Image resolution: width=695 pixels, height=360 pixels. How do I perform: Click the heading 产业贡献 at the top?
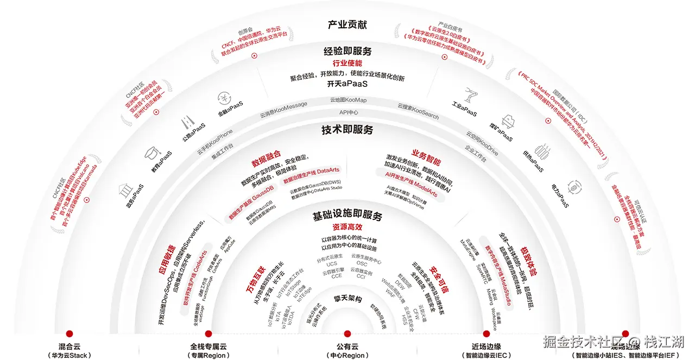coord(347,25)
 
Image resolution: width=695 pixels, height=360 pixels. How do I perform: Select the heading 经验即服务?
coord(347,52)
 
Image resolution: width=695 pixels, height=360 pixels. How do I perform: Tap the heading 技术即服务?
coord(347,130)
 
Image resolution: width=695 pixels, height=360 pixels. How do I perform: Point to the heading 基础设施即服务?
coord(347,216)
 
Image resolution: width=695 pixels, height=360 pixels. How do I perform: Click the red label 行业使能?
coord(347,64)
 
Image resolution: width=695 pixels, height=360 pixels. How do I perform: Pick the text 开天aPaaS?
coord(347,85)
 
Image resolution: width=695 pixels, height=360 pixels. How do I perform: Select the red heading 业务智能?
coord(426,157)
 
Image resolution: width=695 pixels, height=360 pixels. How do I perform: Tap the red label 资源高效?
coord(347,227)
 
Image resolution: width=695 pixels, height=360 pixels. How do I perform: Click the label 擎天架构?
coord(347,298)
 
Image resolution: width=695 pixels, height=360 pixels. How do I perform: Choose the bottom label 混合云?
coord(69,346)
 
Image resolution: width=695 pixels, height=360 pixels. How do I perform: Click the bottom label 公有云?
coord(347,346)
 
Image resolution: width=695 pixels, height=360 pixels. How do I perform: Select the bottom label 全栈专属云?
coord(208,346)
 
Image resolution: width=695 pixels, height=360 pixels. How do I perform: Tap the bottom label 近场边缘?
coord(486,346)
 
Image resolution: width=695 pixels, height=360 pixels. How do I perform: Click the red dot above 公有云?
coord(347,333)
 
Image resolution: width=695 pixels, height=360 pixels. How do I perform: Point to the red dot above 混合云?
coord(69,333)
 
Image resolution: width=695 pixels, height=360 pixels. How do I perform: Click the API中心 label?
coord(349,112)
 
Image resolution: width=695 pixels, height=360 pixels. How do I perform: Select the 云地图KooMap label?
coord(348,100)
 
